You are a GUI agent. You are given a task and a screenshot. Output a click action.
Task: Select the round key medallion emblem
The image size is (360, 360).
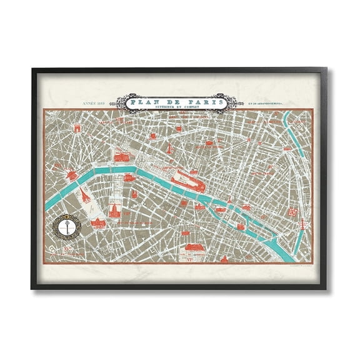click(x=69, y=225)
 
